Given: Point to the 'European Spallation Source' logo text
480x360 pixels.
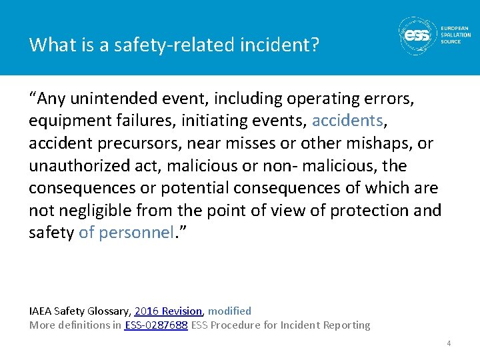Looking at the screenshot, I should pos(455,35).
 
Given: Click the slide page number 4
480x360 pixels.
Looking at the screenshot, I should pos(449,343).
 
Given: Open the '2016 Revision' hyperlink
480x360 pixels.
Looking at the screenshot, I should pos(168,311).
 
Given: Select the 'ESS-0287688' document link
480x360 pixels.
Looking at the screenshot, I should pos(156,325).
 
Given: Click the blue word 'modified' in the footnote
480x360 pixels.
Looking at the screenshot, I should pos(230,311).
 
